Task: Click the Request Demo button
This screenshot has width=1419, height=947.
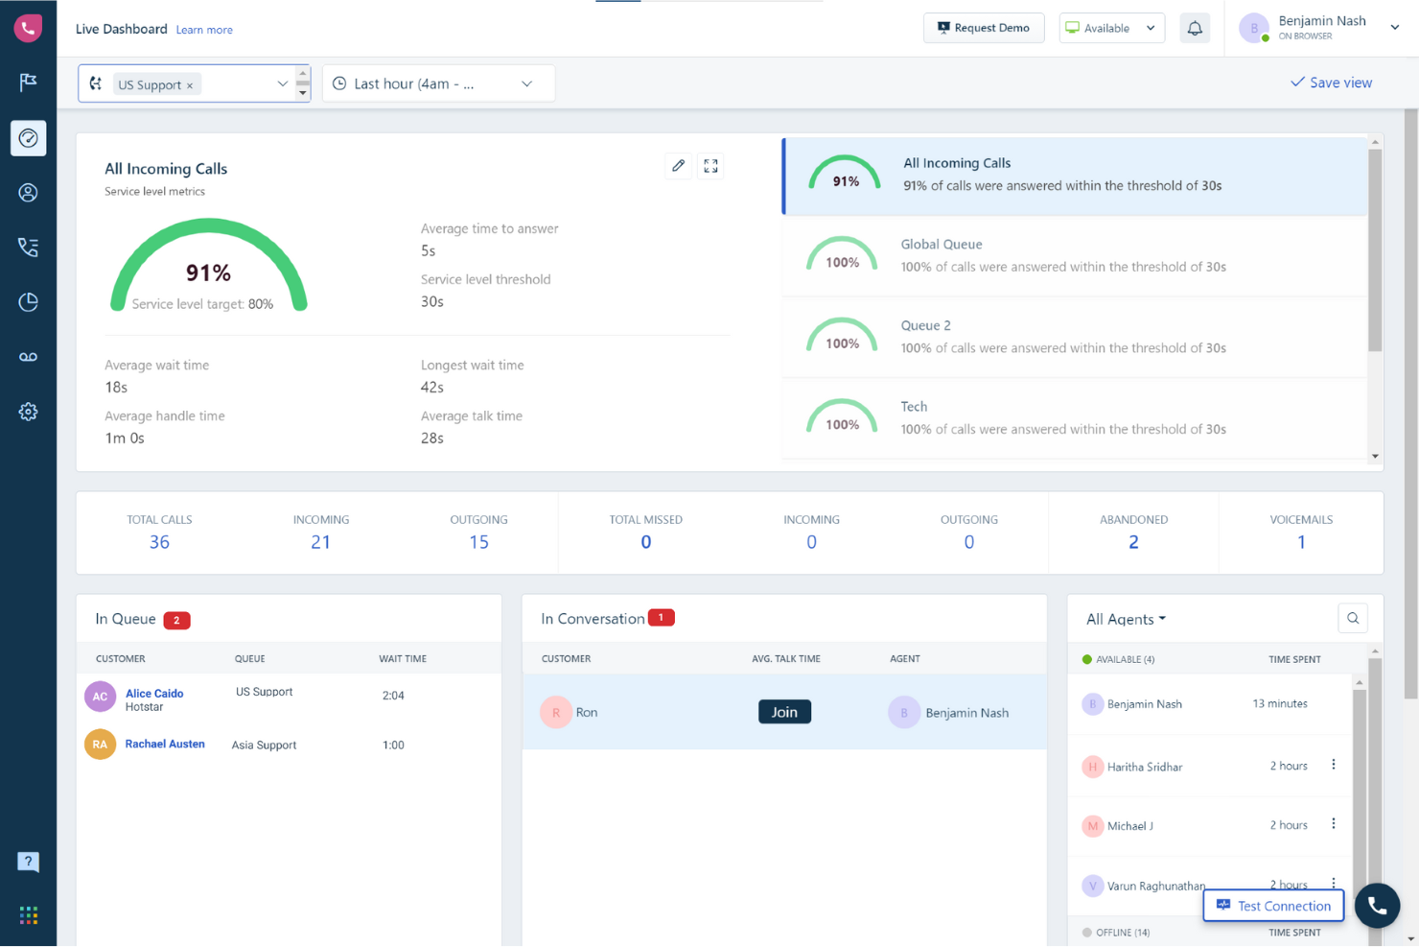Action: (984, 28)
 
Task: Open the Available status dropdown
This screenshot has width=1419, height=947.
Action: (1111, 28)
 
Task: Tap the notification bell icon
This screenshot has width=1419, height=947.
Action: (1195, 28)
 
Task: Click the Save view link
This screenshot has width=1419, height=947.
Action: (1331, 83)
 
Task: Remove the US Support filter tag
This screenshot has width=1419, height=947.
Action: (190, 85)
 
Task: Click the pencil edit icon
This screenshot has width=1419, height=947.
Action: (679, 166)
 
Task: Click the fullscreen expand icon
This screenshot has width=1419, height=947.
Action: (710, 166)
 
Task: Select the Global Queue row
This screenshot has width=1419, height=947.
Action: (1074, 255)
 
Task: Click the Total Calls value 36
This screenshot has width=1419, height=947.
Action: (159, 542)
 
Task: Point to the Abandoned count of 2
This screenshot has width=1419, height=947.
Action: (1133, 542)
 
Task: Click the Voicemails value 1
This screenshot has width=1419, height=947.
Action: (1301, 542)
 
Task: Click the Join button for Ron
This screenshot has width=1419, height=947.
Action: (784, 712)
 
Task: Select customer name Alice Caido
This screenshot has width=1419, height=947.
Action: (154, 693)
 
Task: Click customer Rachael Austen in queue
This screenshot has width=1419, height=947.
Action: (165, 744)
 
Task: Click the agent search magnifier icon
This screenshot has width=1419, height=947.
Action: (1353, 619)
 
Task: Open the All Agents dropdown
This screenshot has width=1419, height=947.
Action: (1126, 619)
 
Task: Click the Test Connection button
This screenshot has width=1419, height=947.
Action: (1273, 906)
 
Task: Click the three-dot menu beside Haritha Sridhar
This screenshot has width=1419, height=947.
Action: (1334, 765)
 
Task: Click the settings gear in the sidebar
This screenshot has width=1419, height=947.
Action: (28, 412)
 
